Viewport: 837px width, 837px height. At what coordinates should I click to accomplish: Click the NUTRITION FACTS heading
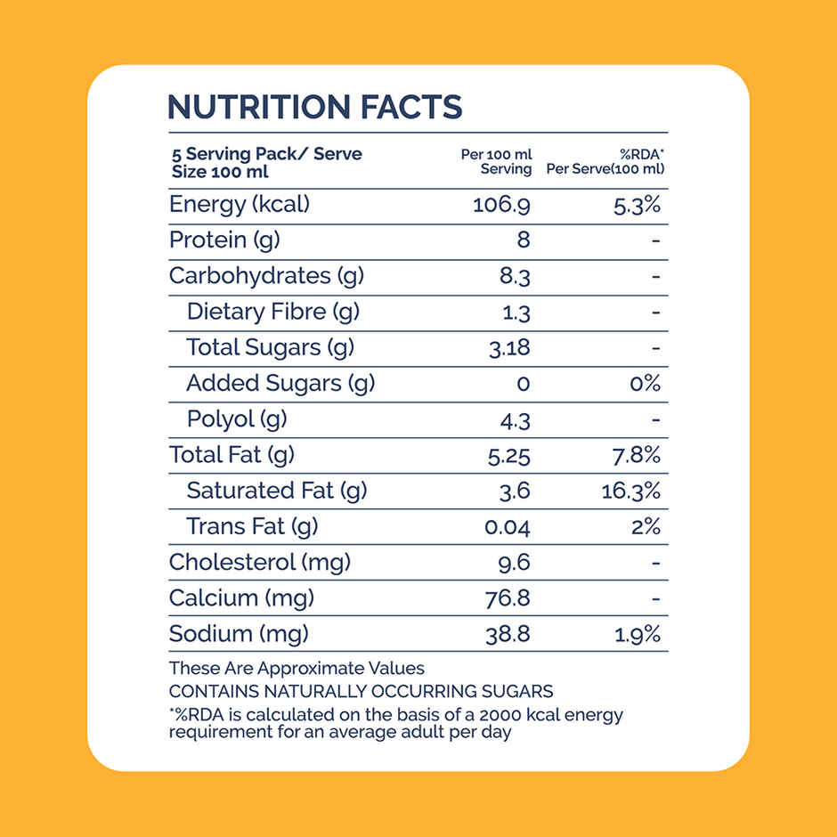[314, 107]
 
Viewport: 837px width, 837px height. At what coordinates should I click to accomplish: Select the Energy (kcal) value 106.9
[501, 205]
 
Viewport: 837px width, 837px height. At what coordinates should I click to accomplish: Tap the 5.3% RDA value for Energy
[638, 205]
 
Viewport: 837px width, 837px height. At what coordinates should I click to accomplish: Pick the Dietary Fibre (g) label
[272, 312]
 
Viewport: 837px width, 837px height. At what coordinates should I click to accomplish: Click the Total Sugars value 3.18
[509, 348]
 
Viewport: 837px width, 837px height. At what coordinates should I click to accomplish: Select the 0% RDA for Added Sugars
[644, 384]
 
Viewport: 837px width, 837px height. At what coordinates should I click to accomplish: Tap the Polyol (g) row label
[237, 418]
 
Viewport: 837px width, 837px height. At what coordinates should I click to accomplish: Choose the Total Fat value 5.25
[508, 456]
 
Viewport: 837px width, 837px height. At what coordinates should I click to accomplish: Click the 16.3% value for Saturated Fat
[631, 491]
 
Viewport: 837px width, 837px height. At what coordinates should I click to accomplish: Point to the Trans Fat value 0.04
[507, 527]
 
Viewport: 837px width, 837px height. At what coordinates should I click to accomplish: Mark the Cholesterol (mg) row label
[260, 562]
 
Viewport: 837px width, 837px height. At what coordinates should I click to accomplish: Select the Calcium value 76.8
[508, 598]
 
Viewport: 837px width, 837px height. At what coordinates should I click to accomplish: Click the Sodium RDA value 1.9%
[638, 634]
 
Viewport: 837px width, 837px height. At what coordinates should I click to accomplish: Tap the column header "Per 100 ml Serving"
[497, 161]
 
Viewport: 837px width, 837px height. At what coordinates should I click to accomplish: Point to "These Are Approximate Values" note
[297, 668]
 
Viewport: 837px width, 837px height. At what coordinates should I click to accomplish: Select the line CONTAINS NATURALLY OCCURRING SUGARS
[361, 691]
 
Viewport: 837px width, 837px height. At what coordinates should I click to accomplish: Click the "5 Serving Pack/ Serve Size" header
[266, 162]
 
